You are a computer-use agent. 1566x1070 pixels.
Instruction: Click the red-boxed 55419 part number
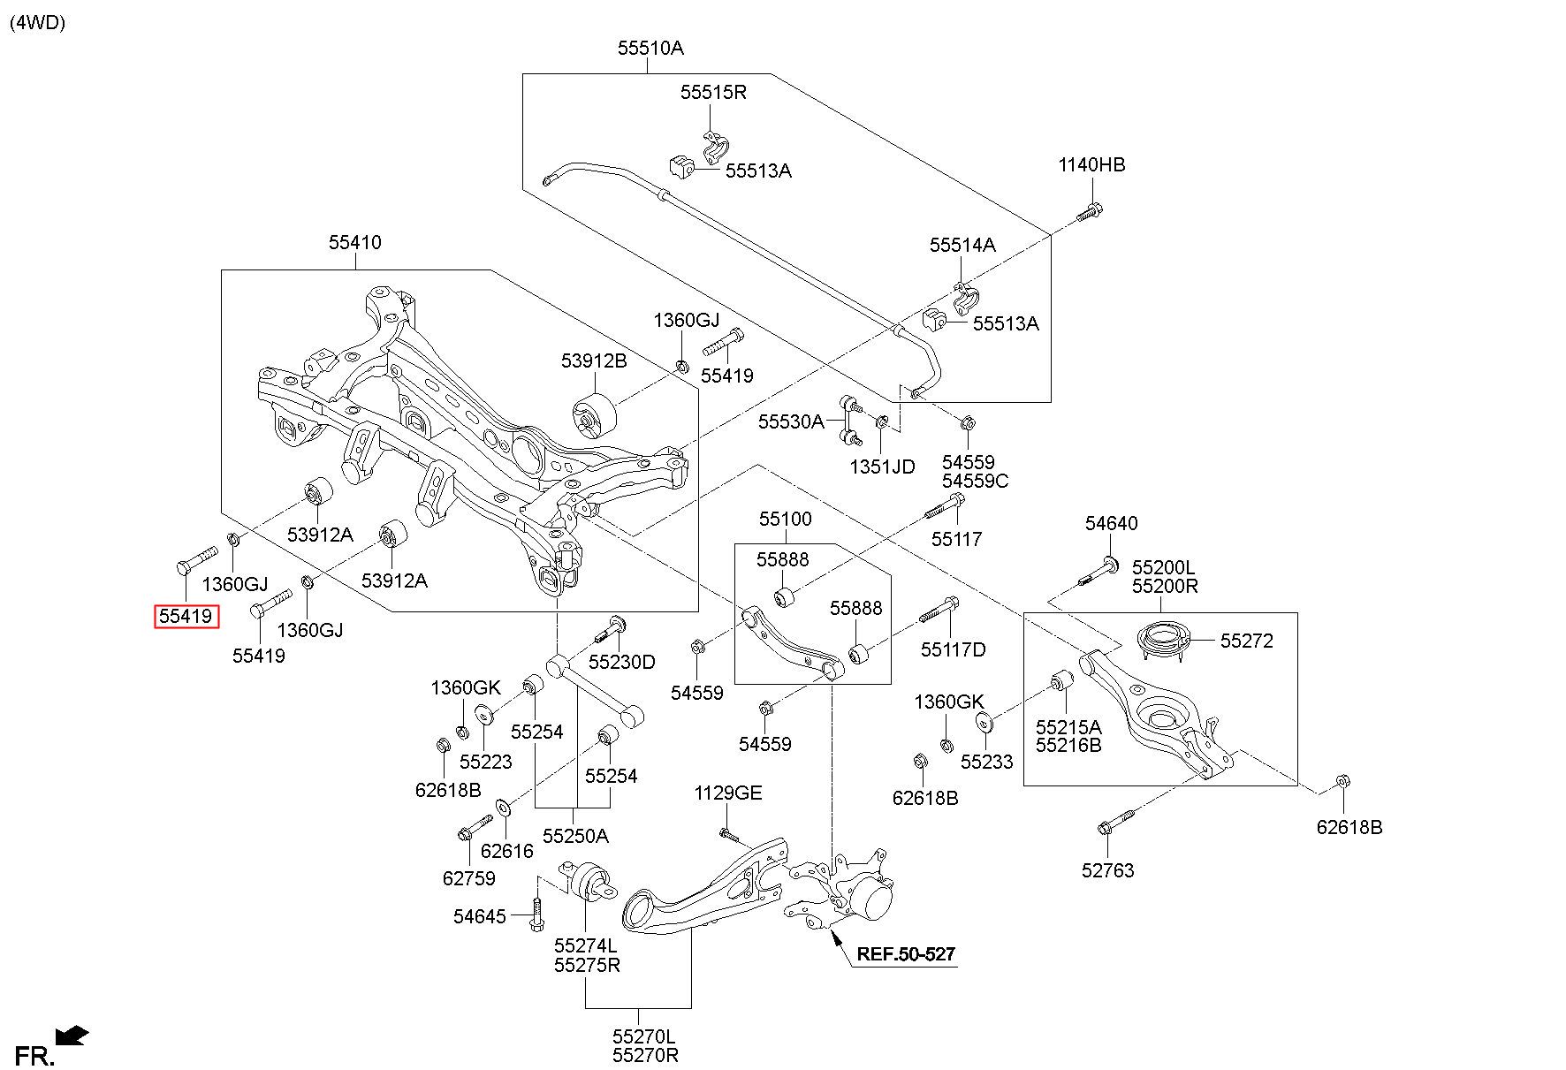click(x=186, y=616)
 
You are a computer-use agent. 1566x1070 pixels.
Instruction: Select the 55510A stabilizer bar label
click(x=650, y=49)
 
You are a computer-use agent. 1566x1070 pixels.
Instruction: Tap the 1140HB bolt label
click(x=1091, y=164)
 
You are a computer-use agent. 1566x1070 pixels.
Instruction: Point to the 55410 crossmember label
click(x=355, y=242)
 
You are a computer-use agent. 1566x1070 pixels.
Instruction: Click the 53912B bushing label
click(x=594, y=360)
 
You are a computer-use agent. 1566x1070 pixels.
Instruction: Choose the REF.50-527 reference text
click(x=906, y=953)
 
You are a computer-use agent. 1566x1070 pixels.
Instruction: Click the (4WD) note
click(x=37, y=23)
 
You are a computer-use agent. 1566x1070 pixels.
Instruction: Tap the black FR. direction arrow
click(x=72, y=1035)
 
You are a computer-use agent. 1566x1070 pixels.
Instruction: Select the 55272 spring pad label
click(x=1247, y=641)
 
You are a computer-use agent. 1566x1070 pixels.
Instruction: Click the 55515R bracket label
click(x=713, y=92)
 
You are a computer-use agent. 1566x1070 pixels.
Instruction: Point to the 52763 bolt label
click(x=1107, y=870)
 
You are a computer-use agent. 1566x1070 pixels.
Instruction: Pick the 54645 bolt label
click(x=480, y=916)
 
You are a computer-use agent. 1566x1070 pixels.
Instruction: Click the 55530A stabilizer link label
click(x=790, y=422)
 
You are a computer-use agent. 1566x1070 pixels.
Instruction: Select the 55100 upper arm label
click(x=785, y=519)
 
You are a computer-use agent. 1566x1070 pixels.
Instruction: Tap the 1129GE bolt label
click(x=727, y=793)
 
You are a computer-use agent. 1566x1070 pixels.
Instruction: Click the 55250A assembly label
click(x=575, y=836)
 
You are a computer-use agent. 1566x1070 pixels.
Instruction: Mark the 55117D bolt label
click(x=953, y=650)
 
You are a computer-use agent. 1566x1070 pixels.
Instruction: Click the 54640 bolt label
click(x=1112, y=524)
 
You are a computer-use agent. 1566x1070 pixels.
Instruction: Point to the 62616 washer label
click(x=507, y=851)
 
